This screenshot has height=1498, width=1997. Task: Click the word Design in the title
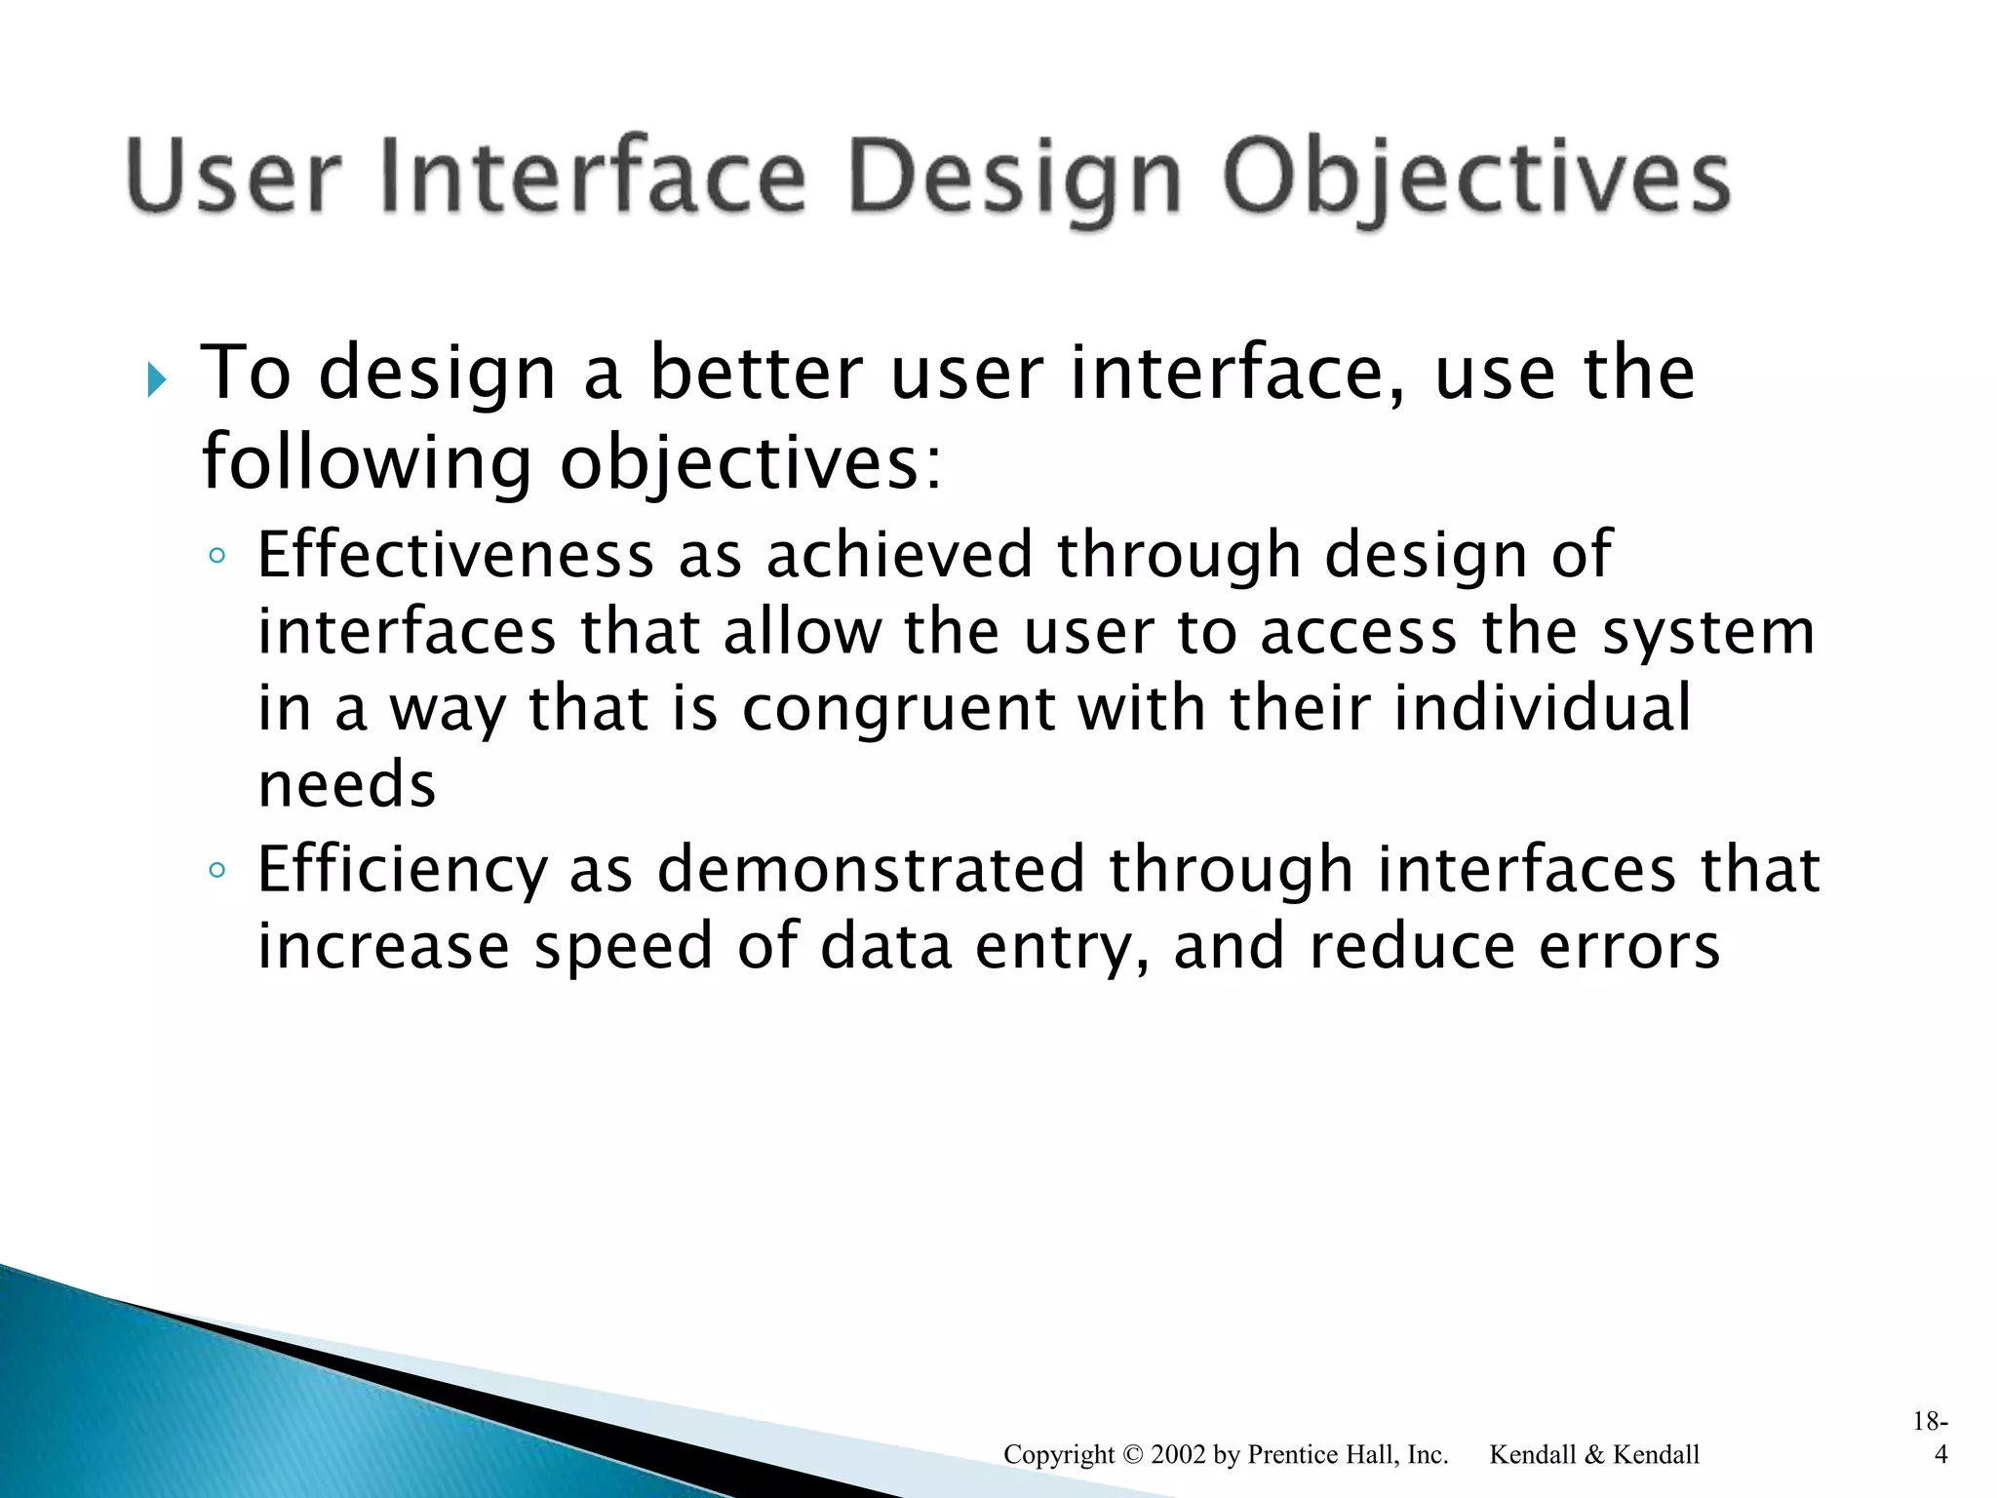point(1014,178)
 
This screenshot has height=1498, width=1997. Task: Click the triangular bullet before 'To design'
point(156,379)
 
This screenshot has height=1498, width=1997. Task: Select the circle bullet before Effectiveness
point(217,557)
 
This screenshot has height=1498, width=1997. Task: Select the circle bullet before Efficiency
point(217,870)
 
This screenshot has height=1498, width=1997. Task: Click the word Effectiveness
point(455,555)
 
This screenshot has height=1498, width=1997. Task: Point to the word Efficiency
point(402,871)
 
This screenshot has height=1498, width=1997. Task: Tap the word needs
point(346,785)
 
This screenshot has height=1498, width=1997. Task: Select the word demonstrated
point(871,869)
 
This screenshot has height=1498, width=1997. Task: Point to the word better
point(756,374)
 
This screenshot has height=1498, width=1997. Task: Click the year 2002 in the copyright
point(1178,1454)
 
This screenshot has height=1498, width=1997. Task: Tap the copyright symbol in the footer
point(1132,1455)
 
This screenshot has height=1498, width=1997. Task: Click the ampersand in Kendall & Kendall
point(1593,1455)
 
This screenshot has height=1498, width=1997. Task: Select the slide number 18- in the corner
point(1930,1421)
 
